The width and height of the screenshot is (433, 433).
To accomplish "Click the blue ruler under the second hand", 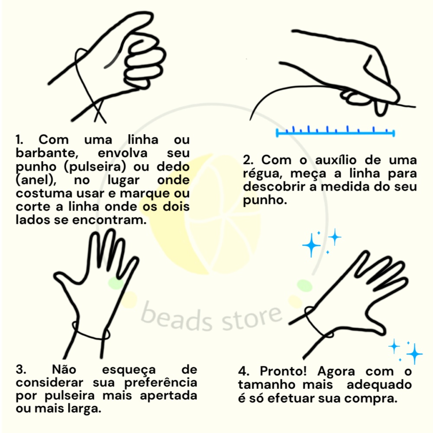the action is coord(336,132).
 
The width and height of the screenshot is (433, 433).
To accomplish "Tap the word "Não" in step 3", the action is coord(64,369).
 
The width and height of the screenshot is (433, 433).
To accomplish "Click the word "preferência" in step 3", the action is coord(161,383).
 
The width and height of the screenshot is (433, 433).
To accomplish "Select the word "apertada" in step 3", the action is coord(168,396).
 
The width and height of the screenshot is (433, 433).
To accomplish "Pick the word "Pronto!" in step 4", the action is coord(283,371).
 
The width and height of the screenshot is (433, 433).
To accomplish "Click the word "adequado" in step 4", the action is coord(379,385).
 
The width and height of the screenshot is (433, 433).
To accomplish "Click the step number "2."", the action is coord(248,160).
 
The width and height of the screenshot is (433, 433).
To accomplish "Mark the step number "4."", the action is coord(244,372).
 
